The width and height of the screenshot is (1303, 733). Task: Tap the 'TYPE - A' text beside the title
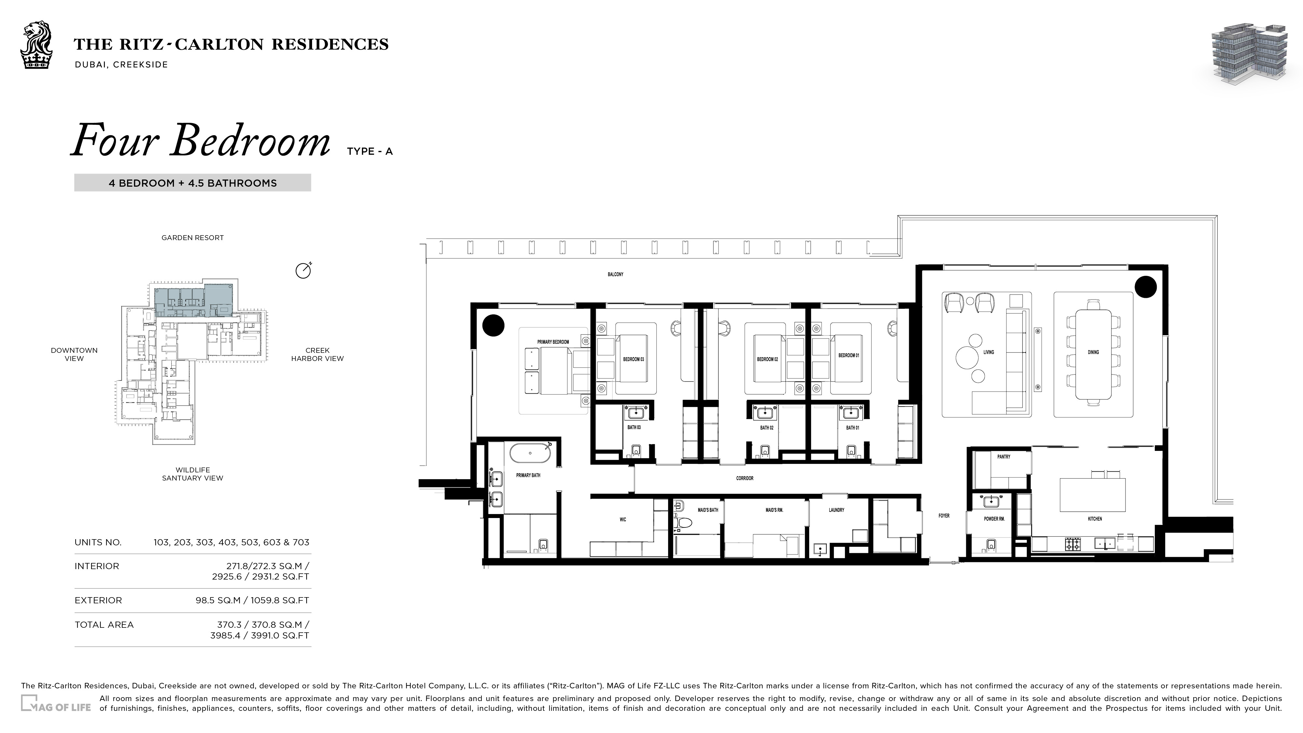pos(370,151)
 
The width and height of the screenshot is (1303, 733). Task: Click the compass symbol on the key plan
pos(304,271)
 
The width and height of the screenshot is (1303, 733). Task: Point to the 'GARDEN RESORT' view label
pos(192,238)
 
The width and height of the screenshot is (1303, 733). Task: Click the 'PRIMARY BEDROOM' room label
pos(553,342)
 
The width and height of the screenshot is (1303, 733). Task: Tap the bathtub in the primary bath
pos(530,453)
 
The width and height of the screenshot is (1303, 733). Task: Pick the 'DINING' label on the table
pos(1093,352)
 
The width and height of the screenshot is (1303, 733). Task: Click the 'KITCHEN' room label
pos(1095,519)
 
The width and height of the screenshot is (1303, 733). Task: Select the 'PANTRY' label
pos(1004,456)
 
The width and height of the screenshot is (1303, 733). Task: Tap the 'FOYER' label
pos(944,515)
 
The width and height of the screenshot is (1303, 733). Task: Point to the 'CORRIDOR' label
pos(745,478)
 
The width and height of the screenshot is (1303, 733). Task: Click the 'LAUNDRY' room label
pos(836,510)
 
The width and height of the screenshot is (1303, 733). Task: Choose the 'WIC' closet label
pos(623,520)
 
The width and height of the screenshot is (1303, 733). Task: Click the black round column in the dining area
pos(1146,287)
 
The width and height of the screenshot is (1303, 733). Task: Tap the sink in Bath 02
pos(765,413)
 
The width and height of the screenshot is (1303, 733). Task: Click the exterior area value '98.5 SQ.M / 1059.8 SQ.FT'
pos(252,600)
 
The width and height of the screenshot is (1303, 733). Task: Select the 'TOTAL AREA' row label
pos(104,625)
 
